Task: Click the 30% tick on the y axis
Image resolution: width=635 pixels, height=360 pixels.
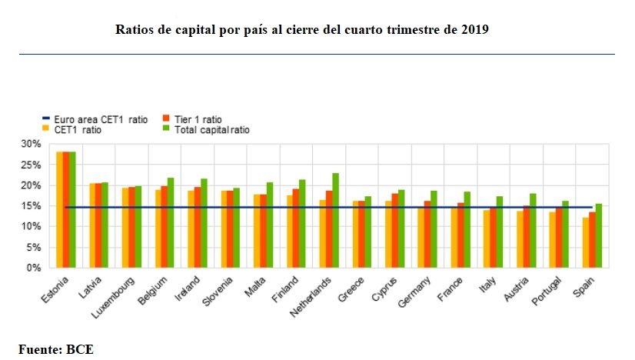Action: coord(32,144)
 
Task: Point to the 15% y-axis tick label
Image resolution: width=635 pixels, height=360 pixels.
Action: coord(32,206)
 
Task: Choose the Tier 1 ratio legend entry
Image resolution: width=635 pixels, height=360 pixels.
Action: coord(197,120)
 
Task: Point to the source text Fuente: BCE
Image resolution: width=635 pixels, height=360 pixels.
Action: coord(56,348)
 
